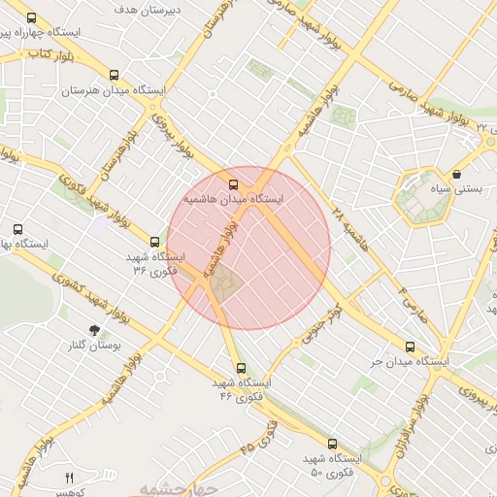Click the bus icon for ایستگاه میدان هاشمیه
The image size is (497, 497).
[x=232, y=182]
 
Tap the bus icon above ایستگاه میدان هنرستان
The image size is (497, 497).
[x=116, y=75]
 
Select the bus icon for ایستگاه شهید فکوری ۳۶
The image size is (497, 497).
[x=154, y=242]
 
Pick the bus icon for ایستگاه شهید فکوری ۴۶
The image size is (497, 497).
[x=241, y=368]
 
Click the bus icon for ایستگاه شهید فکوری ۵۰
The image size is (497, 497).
[x=333, y=443]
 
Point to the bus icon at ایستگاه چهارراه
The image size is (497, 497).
[x=31, y=17]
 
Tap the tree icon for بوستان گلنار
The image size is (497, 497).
[x=93, y=331]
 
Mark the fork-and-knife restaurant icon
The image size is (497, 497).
[x=68, y=478]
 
